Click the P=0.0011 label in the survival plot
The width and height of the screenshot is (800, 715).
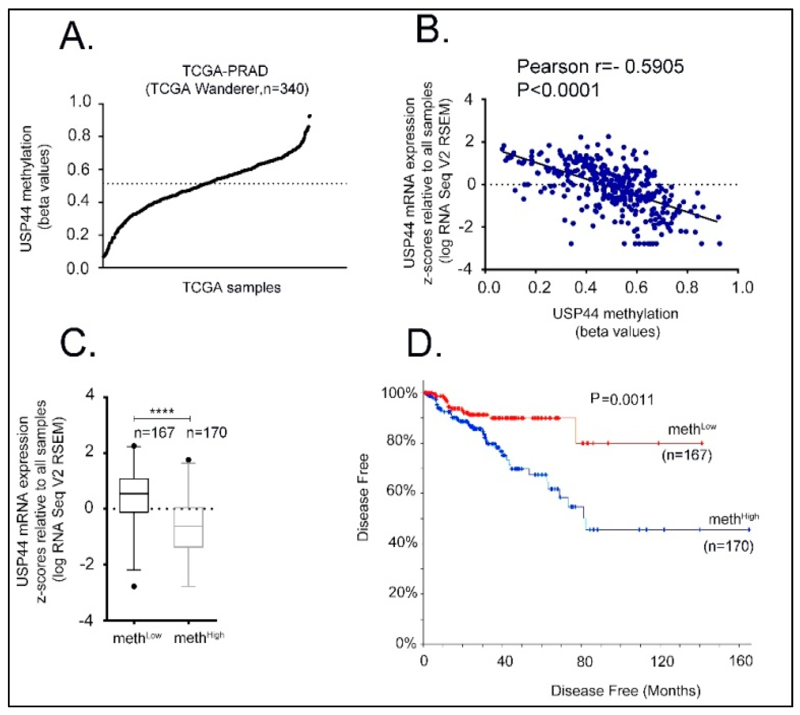[622, 400]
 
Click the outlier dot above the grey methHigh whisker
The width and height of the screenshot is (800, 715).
[188, 460]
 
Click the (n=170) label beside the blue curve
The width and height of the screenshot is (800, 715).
[729, 547]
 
